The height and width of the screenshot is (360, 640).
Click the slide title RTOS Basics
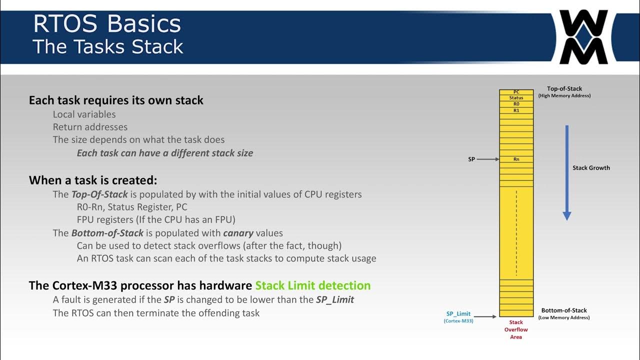106,24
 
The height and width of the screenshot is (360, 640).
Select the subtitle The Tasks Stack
108,46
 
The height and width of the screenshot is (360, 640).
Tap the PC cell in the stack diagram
516,92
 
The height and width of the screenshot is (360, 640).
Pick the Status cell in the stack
516,98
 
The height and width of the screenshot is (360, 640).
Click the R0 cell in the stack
516,104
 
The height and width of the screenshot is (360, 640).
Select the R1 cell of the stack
516,110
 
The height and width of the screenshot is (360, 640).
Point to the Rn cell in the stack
516,159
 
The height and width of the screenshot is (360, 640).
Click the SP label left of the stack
471,159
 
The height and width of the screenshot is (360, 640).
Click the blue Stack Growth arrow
566,172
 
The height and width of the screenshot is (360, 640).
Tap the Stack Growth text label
591,168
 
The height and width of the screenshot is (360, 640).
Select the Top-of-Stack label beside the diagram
564,89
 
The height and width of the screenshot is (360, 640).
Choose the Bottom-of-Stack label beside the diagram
564,310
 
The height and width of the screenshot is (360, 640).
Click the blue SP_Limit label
458,314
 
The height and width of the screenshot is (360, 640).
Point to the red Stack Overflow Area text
516,329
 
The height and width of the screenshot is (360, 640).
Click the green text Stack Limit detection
312,285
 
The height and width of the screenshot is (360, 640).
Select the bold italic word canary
238,233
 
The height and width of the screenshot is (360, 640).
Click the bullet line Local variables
84,114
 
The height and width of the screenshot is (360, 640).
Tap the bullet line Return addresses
90,127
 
